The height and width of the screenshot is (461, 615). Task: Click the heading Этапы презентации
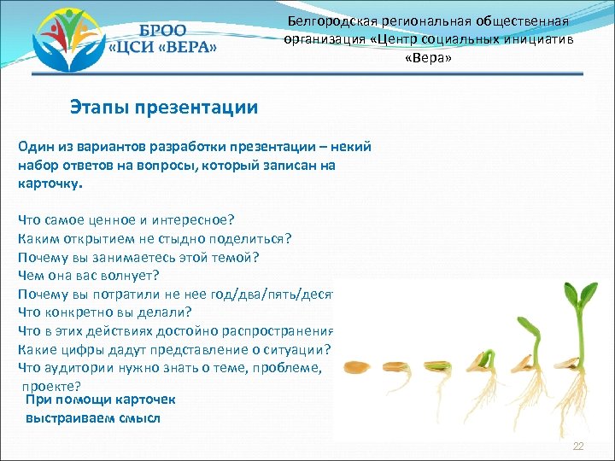(164, 108)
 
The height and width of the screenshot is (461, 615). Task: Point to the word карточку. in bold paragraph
(50, 183)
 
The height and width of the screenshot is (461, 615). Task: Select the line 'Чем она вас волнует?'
(89, 275)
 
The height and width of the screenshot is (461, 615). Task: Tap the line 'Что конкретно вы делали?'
(104, 312)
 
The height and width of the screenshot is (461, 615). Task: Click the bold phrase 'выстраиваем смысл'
(93, 418)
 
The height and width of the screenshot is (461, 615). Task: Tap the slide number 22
(578, 447)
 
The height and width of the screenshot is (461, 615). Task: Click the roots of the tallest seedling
(581, 401)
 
